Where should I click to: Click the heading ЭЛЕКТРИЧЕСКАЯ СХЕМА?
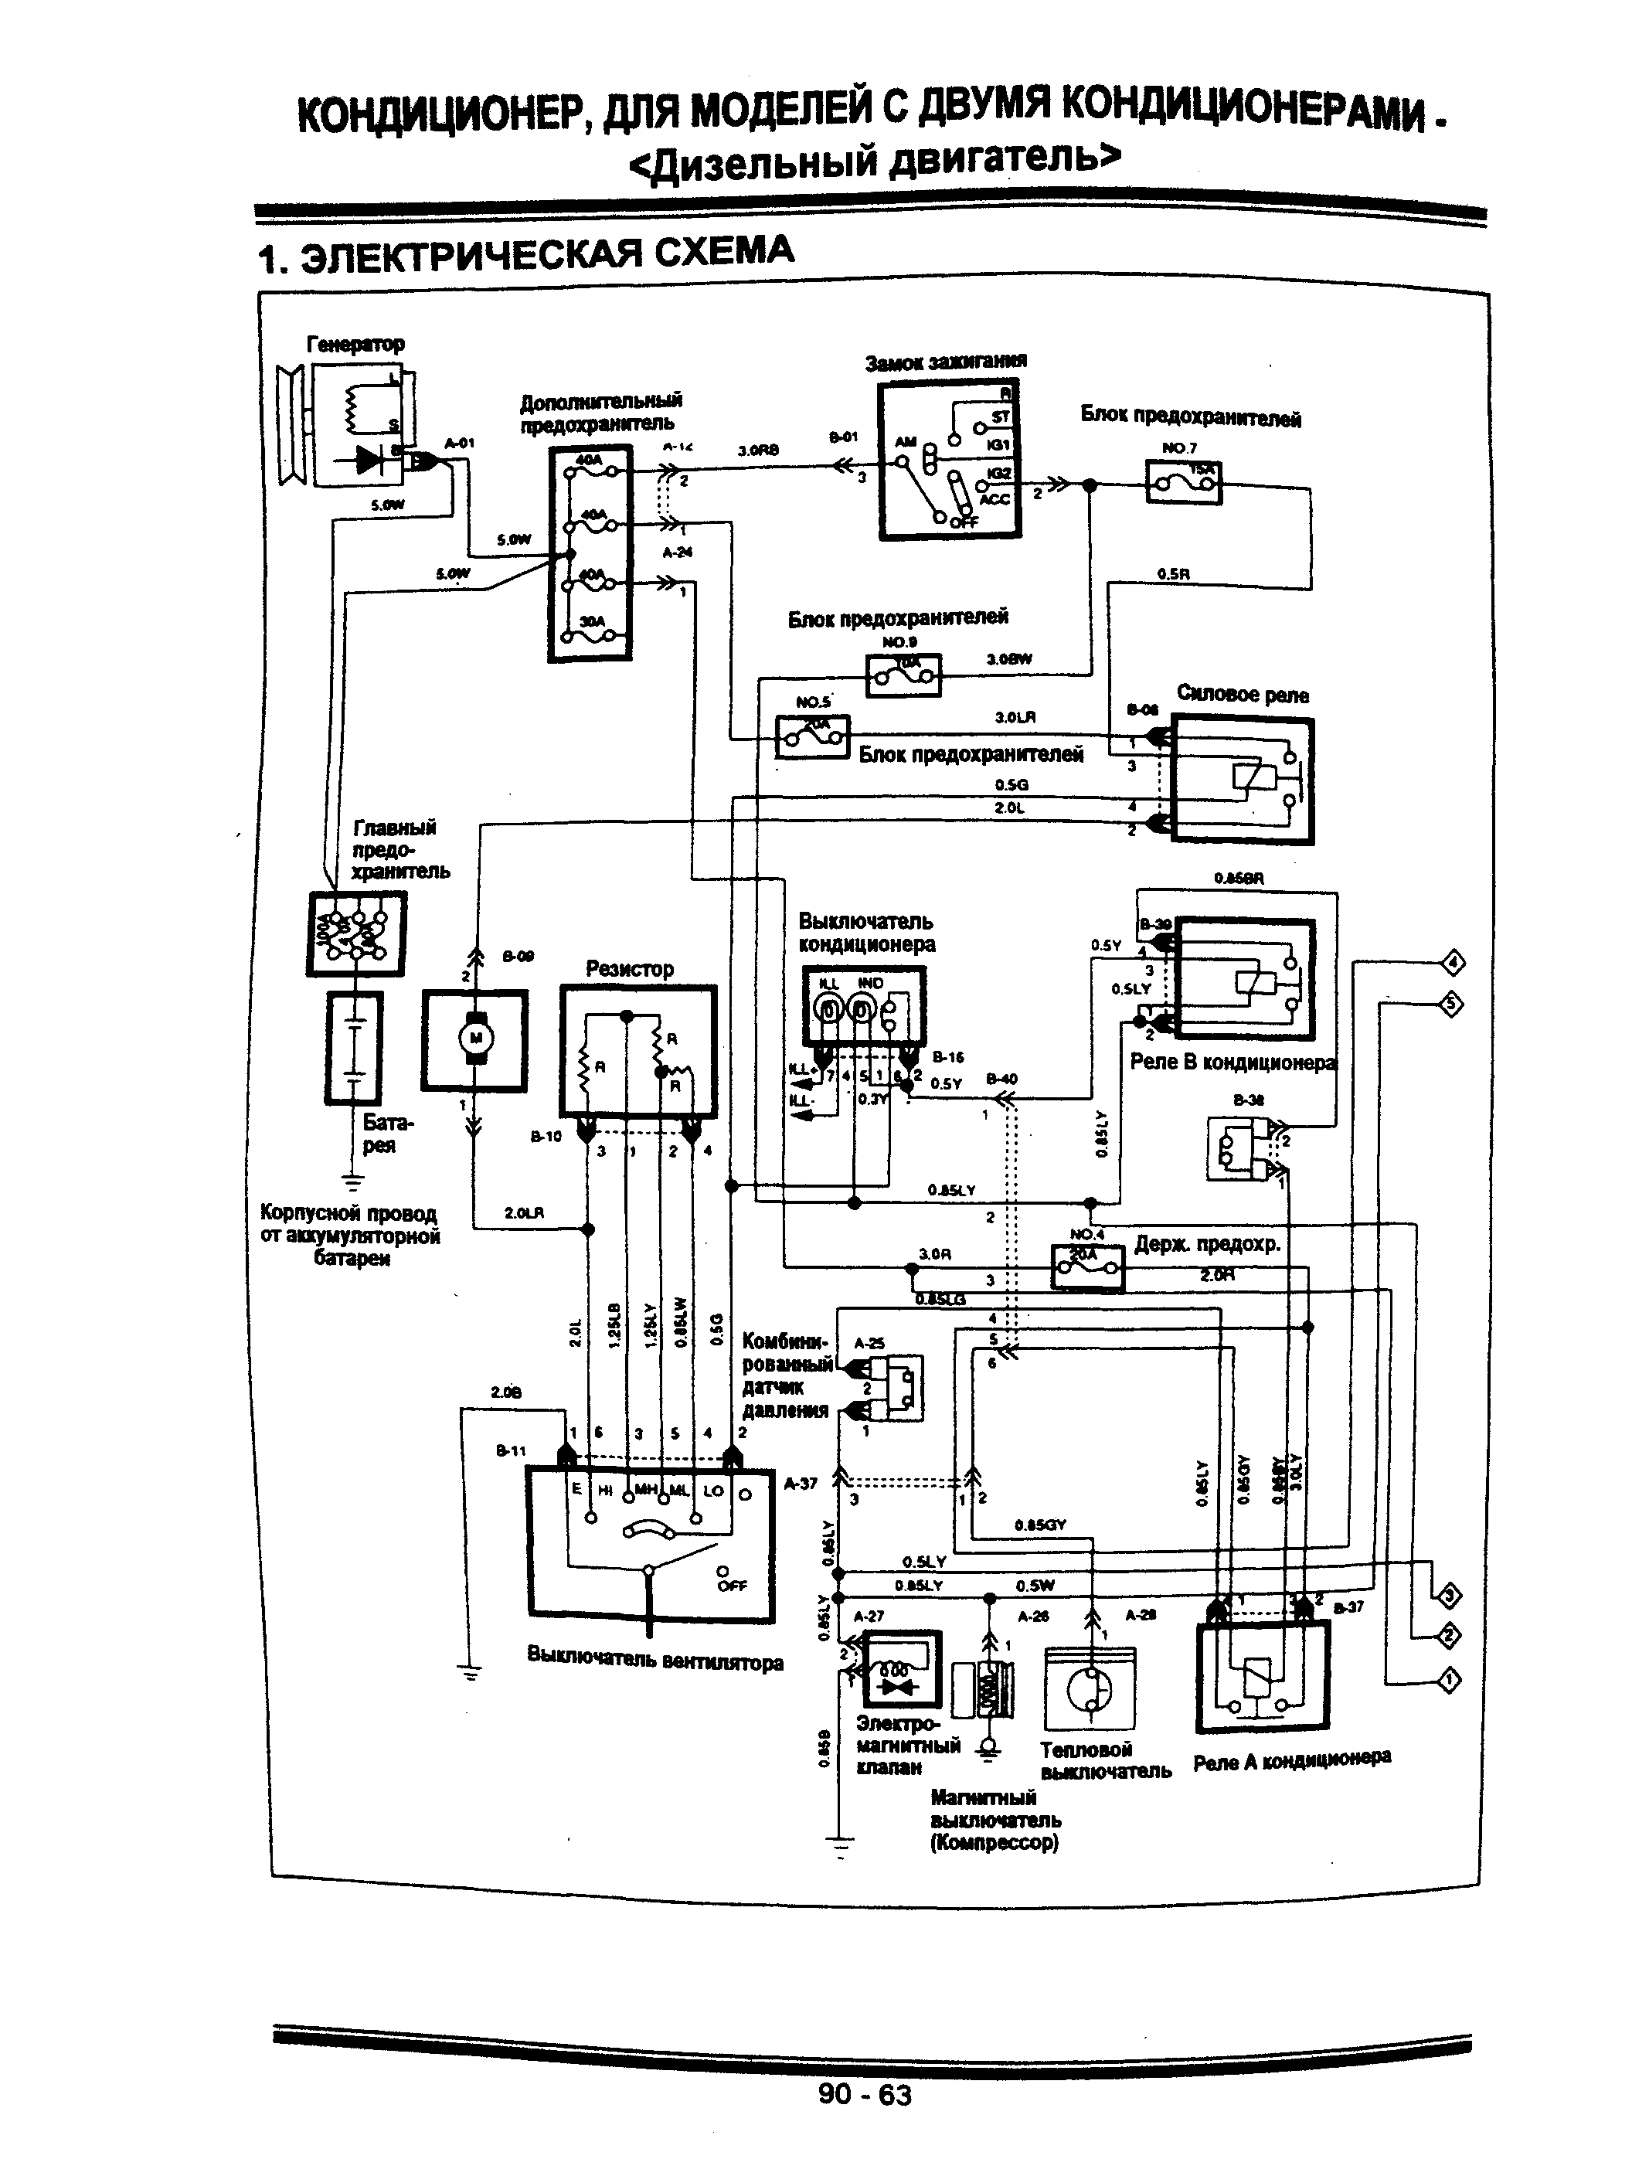coord(525,256)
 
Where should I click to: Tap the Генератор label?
coord(355,345)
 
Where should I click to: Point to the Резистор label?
coord(630,969)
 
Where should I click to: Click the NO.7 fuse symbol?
coord(1183,482)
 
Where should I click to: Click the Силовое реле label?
coord(1243,695)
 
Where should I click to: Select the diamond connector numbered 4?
coord(1453,963)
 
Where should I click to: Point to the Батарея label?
coord(388,1134)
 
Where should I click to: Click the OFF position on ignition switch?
coord(963,522)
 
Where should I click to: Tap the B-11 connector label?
coord(511,1450)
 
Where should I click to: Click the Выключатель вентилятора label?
coord(655,1661)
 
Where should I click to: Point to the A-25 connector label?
coord(869,1343)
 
